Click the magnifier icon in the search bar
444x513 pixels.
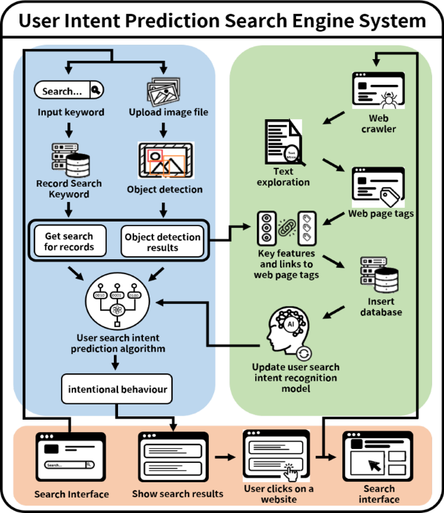[96, 90]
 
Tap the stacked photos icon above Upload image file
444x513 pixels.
[164, 91]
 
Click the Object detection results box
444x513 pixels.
[162, 242]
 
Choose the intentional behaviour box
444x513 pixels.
[117, 389]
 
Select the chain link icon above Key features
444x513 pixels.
[287, 228]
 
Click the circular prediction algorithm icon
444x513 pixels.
[117, 301]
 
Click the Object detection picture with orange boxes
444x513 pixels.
[166, 160]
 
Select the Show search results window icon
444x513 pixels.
[173, 457]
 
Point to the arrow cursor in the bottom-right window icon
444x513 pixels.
[375, 465]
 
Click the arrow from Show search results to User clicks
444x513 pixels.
[225, 457]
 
